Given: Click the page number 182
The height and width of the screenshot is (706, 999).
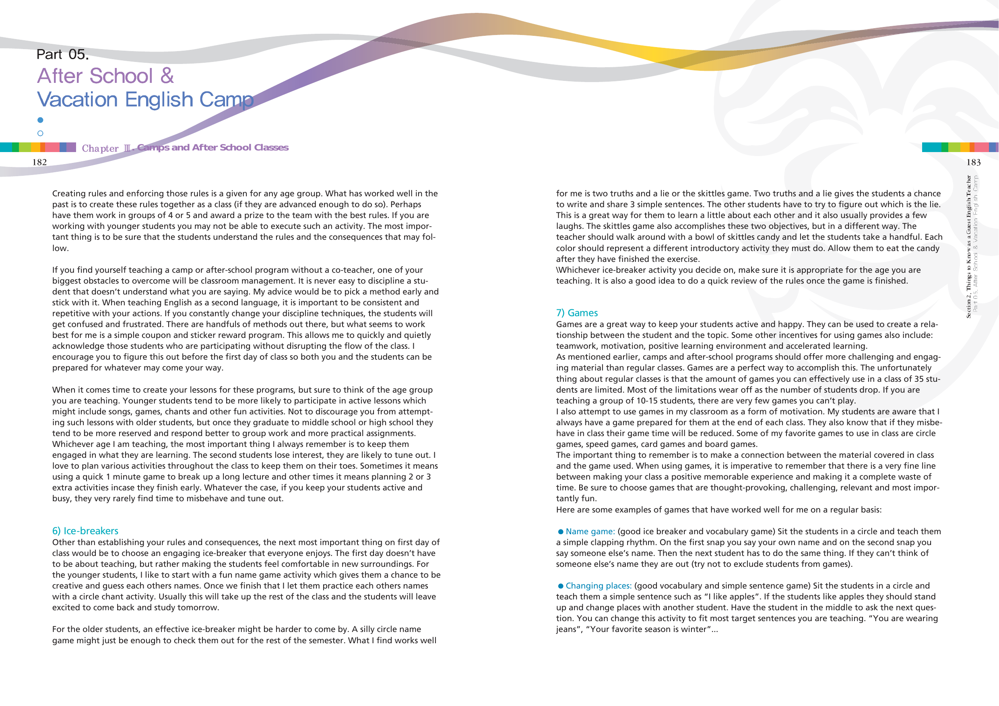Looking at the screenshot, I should (x=39, y=162).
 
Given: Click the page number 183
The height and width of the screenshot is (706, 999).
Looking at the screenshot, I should (x=973, y=162).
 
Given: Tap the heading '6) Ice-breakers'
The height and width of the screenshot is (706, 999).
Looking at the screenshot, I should (x=85, y=531).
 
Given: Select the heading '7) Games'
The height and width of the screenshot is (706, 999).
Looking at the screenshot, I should (x=576, y=313).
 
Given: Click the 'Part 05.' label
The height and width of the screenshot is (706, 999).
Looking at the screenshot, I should (x=63, y=54).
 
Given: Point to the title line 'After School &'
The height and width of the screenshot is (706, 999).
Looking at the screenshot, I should (x=106, y=76).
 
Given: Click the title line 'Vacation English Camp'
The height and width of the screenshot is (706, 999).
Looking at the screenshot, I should (x=145, y=100).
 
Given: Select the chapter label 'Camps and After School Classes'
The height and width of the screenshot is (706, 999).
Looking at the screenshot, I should (x=213, y=148).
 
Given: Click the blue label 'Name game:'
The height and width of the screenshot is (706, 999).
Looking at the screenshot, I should (x=590, y=531).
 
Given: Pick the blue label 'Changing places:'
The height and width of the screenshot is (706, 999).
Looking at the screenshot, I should (x=598, y=585).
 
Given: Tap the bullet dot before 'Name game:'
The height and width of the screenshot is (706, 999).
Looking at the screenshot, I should (x=561, y=531).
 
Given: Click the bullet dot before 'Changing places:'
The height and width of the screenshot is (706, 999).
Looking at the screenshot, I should (x=561, y=586).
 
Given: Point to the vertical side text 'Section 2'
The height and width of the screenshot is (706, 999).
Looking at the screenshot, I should (x=968, y=306).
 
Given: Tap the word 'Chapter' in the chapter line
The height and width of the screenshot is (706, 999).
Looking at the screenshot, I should (x=100, y=148).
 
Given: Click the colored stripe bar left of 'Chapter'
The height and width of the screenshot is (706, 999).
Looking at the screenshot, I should (x=38, y=147).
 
